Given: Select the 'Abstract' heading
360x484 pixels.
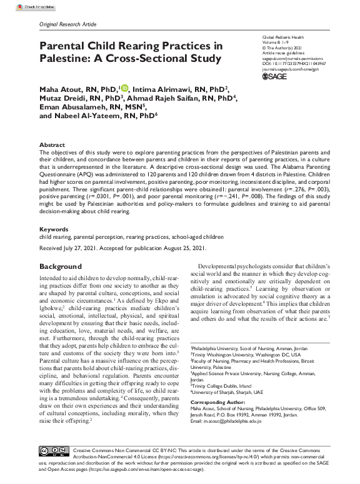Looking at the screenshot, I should coord(52,144).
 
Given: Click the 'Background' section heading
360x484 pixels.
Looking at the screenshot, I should coord(61,266).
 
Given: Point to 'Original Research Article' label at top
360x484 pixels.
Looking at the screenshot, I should coord(69,24).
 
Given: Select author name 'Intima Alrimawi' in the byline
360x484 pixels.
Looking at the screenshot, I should coord(157,88).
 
